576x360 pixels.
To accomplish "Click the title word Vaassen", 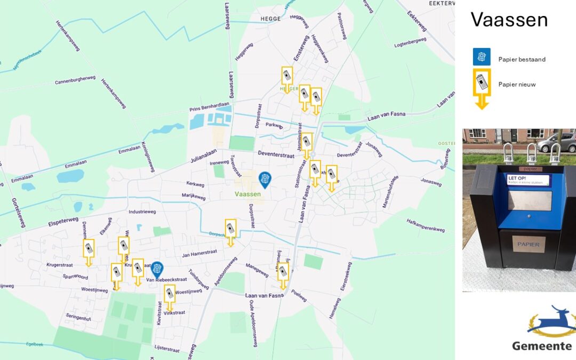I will coord(509,20).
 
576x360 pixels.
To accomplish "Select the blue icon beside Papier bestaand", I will coord(482,57).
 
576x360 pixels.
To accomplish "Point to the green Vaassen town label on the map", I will coord(247,195).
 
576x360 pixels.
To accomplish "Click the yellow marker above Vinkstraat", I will coord(170,295).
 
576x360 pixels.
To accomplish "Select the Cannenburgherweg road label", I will coord(75,81).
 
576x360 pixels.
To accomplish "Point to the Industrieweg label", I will coord(142,212).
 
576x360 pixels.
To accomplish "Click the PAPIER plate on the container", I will coord(528,245).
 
